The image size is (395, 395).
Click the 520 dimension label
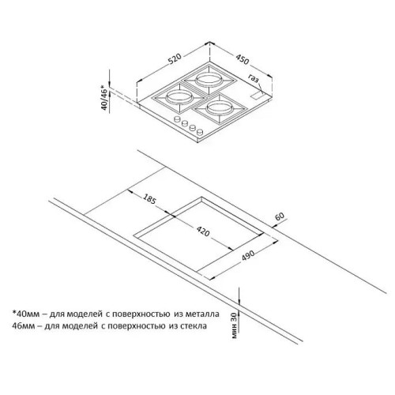click(x=175, y=59)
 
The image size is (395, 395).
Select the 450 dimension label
click(x=242, y=59)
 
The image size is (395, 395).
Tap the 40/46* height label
click(x=104, y=97)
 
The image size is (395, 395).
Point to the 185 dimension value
click(x=149, y=199)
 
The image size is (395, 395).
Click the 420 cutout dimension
click(x=203, y=231)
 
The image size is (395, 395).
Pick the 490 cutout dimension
click(x=248, y=255)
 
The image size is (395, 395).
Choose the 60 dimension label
click(x=280, y=216)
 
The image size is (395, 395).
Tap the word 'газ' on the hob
click(x=254, y=78)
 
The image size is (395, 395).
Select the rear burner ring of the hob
click(x=209, y=79)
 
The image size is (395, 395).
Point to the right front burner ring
click(x=219, y=107)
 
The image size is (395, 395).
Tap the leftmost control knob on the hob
click(x=177, y=119)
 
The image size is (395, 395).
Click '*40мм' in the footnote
click(x=26, y=314)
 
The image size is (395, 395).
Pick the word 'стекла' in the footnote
click(x=194, y=326)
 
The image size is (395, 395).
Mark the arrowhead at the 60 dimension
click(x=274, y=225)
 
